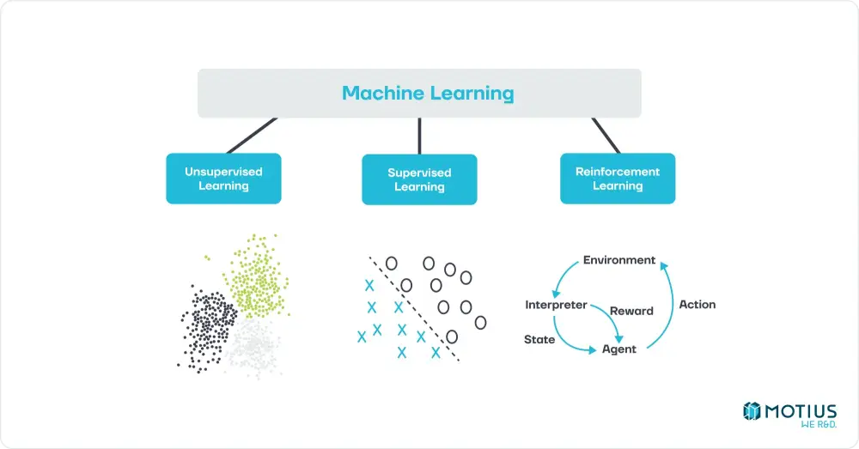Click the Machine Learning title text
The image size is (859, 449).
click(428, 93)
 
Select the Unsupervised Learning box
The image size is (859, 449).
click(223, 179)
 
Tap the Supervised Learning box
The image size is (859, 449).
click(419, 179)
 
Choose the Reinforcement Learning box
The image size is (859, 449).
click(618, 179)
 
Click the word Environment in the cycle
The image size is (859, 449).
click(619, 260)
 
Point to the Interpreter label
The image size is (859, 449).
click(556, 305)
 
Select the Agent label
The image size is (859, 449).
click(618, 349)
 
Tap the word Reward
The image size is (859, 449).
click(631, 311)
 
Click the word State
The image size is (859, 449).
click(539, 339)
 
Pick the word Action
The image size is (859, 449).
click(697, 304)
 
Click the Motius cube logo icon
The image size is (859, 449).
click(752, 412)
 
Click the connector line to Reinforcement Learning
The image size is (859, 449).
click(605, 135)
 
